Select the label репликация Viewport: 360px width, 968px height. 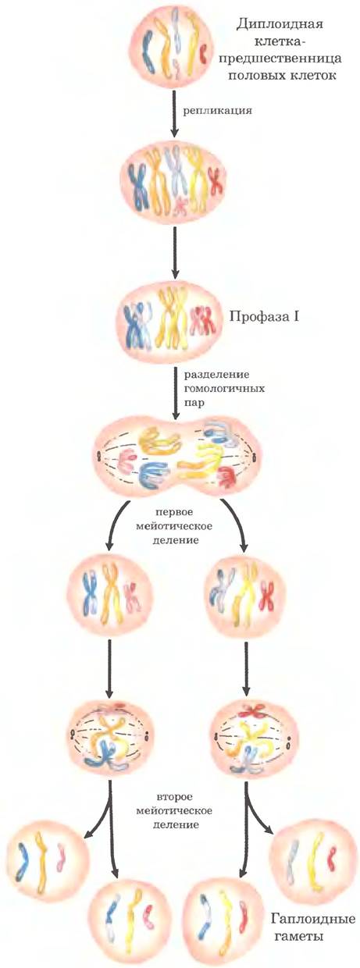(x=217, y=112)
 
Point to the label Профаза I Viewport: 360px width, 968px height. (x=264, y=317)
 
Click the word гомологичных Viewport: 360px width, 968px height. (x=225, y=389)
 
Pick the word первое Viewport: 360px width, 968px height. (x=174, y=513)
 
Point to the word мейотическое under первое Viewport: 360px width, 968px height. (x=173, y=527)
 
